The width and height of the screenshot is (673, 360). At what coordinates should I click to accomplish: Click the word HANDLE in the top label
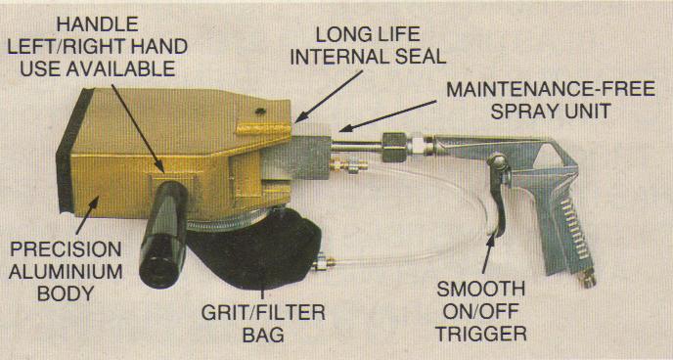98,24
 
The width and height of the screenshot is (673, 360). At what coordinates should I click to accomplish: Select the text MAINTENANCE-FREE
551,89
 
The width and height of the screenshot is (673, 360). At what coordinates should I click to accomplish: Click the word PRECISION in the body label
67,249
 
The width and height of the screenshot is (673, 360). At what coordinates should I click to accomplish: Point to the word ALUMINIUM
66,272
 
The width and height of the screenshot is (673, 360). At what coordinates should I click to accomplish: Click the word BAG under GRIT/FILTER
263,335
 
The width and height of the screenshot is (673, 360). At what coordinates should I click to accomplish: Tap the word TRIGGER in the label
481,334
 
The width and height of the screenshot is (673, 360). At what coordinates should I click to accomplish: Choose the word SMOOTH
481,290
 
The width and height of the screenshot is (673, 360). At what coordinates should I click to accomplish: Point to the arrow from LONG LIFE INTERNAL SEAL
330,96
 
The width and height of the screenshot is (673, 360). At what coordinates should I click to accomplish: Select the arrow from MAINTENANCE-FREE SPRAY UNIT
388,115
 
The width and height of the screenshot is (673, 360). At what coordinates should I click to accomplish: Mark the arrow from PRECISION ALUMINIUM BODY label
87,214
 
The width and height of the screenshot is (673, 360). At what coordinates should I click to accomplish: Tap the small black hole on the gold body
260,112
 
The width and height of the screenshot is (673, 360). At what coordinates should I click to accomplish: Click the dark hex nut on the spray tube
394,147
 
